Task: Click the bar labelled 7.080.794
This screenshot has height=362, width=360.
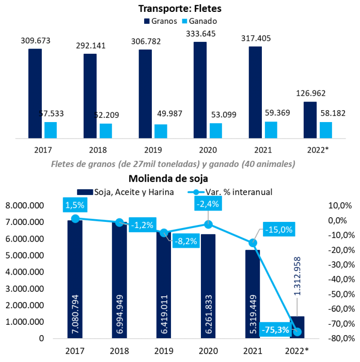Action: [x=75, y=279]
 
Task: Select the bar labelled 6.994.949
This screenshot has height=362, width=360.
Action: [x=119, y=282]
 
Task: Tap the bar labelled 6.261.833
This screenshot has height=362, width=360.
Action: [x=208, y=287]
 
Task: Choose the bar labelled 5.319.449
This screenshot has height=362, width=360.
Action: [x=253, y=295]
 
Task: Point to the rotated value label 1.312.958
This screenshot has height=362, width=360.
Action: [x=297, y=276]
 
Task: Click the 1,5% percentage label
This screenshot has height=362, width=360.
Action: [x=75, y=205]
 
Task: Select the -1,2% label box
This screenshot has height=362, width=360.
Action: [x=143, y=225]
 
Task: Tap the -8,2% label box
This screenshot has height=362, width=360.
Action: [x=185, y=240]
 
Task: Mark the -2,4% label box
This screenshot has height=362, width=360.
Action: [x=208, y=204]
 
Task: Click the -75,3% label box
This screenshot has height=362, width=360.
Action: [x=275, y=329]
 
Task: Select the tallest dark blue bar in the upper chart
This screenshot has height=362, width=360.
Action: [x=200, y=89]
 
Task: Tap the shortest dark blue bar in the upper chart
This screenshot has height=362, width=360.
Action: [x=310, y=119]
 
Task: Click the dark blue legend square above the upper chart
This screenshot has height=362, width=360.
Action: [x=147, y=21]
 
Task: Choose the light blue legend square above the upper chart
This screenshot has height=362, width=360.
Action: [x=184, y=21]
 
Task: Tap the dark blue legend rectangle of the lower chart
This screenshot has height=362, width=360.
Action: [x=85, y=192]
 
